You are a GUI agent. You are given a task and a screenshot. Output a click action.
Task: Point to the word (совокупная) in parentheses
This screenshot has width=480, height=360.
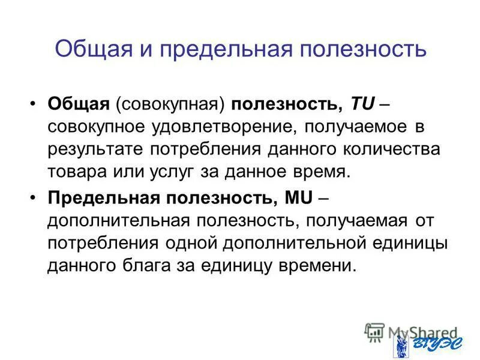(x=176, y=104)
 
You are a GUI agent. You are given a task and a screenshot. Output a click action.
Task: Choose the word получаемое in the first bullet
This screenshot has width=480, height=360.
(x=378, y=127)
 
